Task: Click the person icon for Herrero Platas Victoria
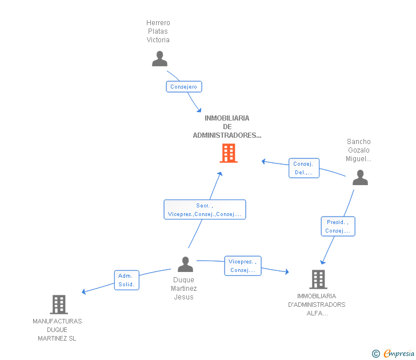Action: tap(159, 59)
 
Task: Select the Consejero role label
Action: tap(184, 87)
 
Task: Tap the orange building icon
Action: tap(229, 153)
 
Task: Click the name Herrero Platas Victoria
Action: tap(158, 31)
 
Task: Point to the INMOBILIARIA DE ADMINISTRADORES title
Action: tap(227, 127)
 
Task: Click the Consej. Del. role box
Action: tap(304, 168)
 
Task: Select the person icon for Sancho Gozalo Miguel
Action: tap(360, 178)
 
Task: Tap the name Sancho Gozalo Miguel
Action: tap(358, 150)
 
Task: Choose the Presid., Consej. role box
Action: tap(338, 226)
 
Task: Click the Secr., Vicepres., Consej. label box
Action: tap(205, 210)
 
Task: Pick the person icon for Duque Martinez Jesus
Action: tap(185, 264)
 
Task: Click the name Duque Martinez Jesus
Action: tap(183, 289)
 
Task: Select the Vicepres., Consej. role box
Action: tap(243, 266)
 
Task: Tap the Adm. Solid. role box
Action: tap(126, 280)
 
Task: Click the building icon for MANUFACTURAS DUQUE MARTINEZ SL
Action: tap(59, 305)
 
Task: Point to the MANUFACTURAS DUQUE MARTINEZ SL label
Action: tap(57, 330)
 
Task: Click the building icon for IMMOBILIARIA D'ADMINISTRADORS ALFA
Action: tap(318, 279)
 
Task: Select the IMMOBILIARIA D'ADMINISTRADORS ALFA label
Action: tap(317, 305)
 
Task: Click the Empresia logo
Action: tap(393, 353)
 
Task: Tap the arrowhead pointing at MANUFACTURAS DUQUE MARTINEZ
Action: tap(83, 292)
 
